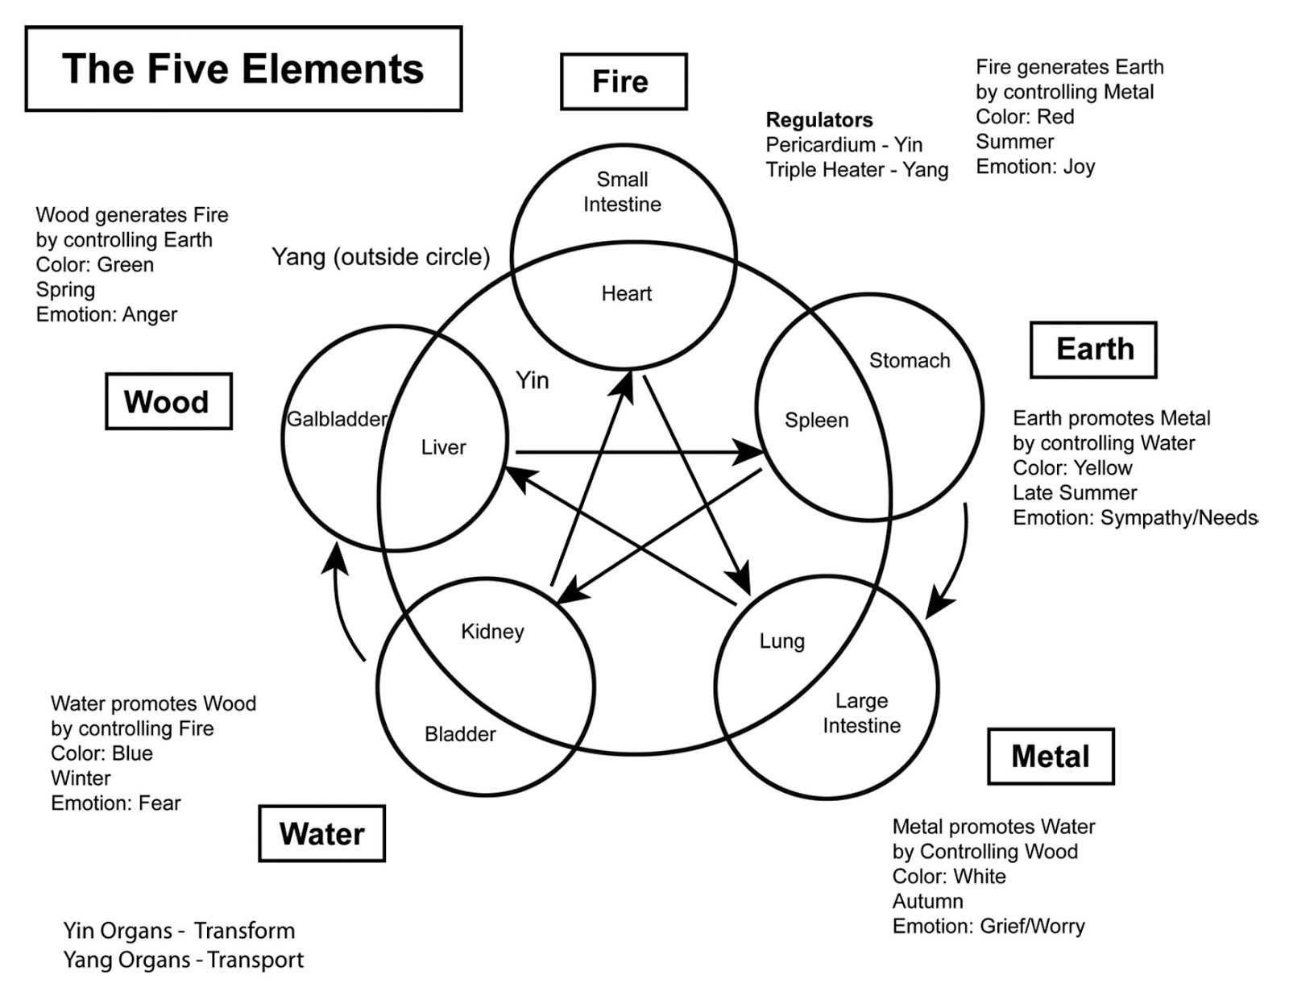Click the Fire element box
[623, 81]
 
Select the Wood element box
[168, 401]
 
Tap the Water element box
[321, 833]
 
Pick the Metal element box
[1050, 756]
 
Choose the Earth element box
[1093, 350]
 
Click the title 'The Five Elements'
[243, 69]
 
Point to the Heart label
[626, 293]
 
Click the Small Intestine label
[622, 192]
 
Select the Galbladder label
[337, 419]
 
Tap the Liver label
[443, 447]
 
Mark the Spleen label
[816, 420]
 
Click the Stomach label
[909, 360]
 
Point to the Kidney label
[492, 631]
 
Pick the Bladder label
[460, 734]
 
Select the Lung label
[781, 641]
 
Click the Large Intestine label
[861, 713]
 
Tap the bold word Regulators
[819, 120]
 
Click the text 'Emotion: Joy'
[1035, 167]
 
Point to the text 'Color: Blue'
[102, 753]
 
